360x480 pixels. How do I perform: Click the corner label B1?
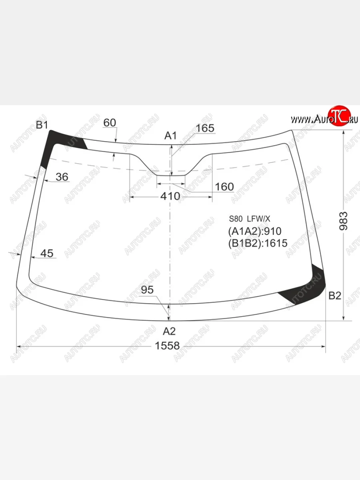[x=42, y=125]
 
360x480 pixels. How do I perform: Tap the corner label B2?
[x=335, y=296]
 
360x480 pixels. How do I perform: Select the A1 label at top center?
[x=170, y=136]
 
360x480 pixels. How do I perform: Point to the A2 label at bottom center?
[x=169, y=331]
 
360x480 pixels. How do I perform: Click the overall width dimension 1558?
[x=167, y=346]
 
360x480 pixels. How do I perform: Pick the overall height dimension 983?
[x=343, y=221]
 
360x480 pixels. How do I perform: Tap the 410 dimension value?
[x=170, y=196]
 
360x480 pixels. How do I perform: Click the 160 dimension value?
[x=224, y=187]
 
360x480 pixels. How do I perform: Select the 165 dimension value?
[x=205, y=128]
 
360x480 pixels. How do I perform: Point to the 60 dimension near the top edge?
[x=110, y=123]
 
